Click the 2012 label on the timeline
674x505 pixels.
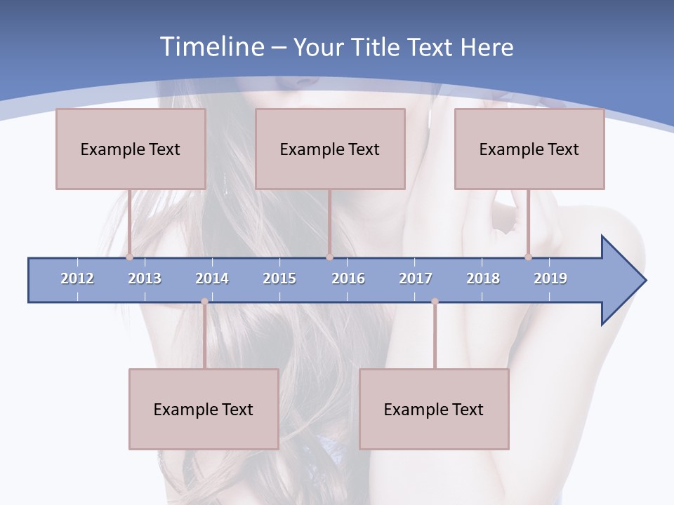(77, 278)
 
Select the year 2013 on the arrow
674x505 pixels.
(145, 278)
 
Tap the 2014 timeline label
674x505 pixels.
(212, 278)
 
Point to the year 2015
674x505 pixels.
(279, 278)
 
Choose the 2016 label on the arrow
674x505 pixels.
(348, 278)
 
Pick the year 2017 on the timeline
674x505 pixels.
(416, 278)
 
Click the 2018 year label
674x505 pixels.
(483, 278)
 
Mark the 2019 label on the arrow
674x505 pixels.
(550, 278)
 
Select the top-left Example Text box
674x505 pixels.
(131, 149)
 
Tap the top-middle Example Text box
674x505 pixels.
(330, 149)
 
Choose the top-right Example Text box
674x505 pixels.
(529, 149)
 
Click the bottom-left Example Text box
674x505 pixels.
(204, 409)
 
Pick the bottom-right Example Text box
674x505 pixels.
(434, 409)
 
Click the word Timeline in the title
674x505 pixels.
(212, 47)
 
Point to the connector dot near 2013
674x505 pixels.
(129, 257)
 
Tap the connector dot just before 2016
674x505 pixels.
(329, 257)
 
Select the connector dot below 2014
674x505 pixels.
(204, 302)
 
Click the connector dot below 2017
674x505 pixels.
(435, 302)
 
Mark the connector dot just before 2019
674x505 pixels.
(528, 257)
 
